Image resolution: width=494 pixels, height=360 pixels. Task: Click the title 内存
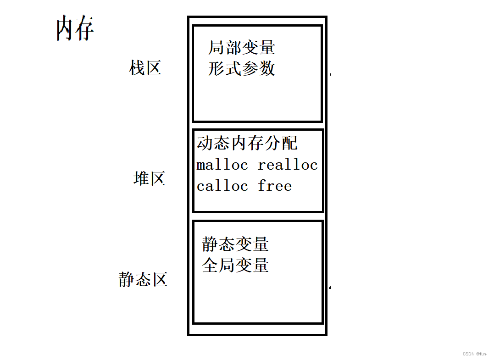coord(75,28)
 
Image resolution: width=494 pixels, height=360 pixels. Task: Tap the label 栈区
coord(145,68)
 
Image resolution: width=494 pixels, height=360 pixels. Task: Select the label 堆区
coord(149,178)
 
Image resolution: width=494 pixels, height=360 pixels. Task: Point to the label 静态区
coord(143,279)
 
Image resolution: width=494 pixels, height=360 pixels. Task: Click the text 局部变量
coord(242,47)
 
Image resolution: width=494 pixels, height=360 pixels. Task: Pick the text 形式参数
coord(242,69)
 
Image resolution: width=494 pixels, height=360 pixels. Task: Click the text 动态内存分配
coord(247,143)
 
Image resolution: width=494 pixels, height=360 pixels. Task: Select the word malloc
coord(222,165)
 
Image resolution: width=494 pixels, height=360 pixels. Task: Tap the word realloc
coord(288,165)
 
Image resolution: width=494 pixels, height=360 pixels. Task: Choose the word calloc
coord(222,186)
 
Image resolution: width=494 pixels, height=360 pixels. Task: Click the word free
coord(275,186)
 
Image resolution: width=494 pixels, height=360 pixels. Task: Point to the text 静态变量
coord(235,244)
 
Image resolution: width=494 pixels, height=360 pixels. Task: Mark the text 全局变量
coord(235,266)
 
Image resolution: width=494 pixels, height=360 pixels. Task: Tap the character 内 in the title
coord(65,28)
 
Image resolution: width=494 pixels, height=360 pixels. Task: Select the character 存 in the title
coord(85,28)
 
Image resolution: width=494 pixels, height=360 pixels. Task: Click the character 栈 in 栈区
coord(137,68)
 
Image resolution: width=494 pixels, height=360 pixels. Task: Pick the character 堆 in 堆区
coord(141,178)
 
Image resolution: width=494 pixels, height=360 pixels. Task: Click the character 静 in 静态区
coord(127,279)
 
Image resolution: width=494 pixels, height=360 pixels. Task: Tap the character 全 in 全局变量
coord(210,266)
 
